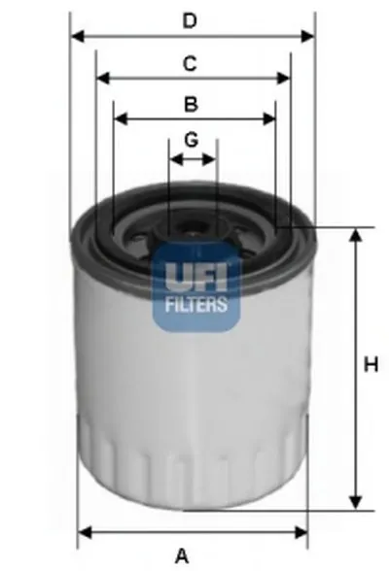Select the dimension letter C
(192, 64)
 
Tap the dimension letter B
(192, 104)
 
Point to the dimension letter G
(192, 139)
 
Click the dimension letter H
(370, 365)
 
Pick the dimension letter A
(182, 555)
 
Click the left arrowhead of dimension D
(76, 37)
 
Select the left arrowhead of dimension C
(102, 79)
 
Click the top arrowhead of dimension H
(356, 234)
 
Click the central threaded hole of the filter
(192, 233)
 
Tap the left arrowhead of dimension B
(119, 119)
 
